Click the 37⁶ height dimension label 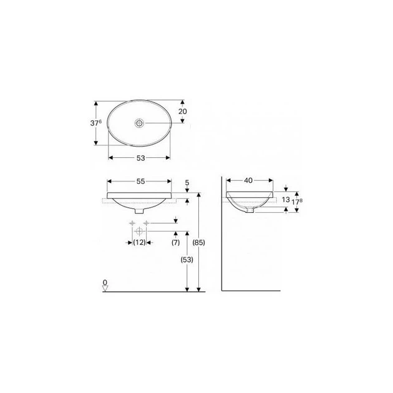96,123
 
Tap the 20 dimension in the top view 182,111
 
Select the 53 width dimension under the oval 140,158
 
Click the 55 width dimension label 140,182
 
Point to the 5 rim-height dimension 187,183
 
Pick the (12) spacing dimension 139,243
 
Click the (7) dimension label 176,243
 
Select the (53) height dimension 187,260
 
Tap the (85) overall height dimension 199,243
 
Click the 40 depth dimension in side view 248,180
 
